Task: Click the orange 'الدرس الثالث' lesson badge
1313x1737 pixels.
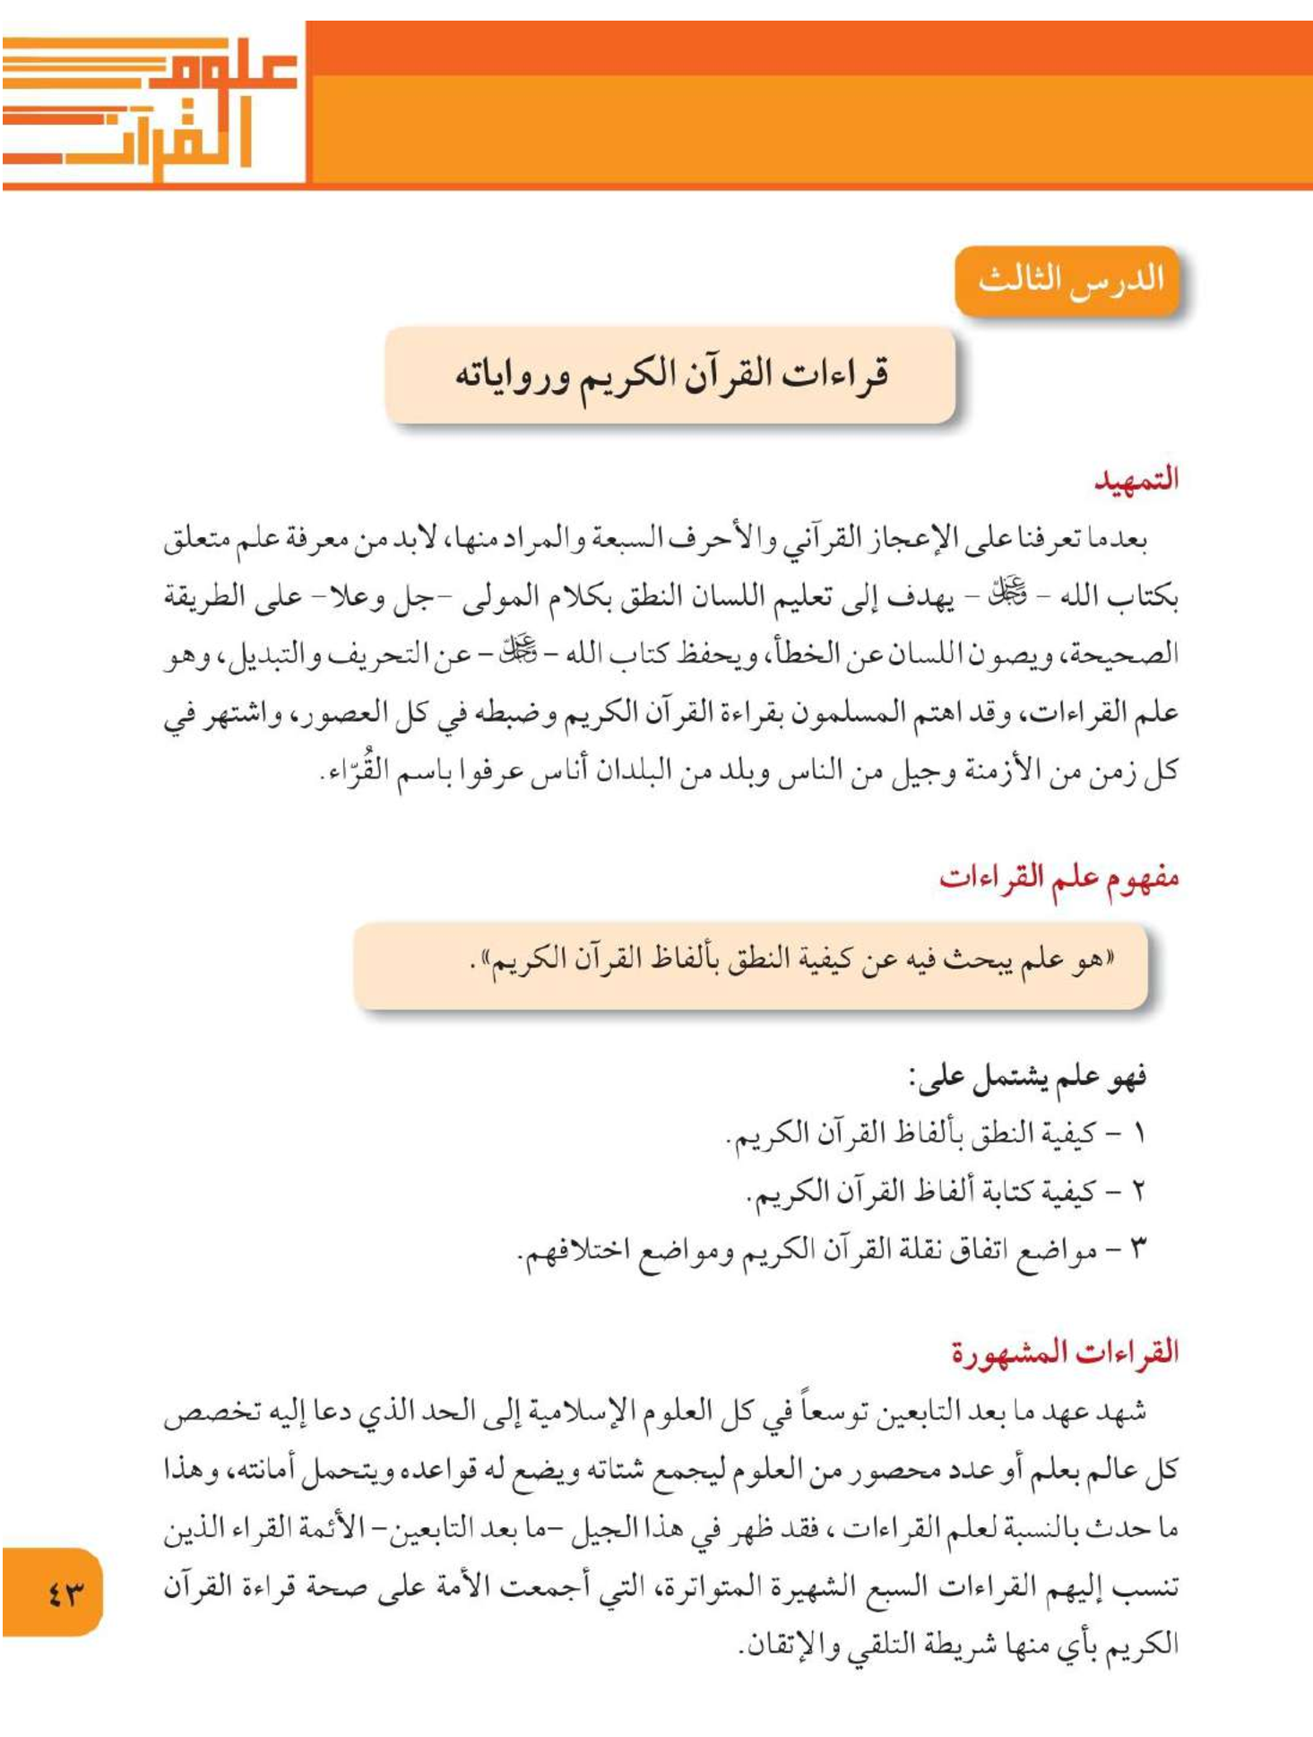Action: point(1069,280)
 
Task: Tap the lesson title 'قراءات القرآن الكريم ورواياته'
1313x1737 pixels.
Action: point(670,375)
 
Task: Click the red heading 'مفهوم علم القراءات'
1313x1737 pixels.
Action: point(1058,876)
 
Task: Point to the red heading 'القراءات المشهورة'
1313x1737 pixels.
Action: point(1064,1351)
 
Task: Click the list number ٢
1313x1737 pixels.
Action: point(1139,1192)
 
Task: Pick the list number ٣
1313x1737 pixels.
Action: point(1139,1249)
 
